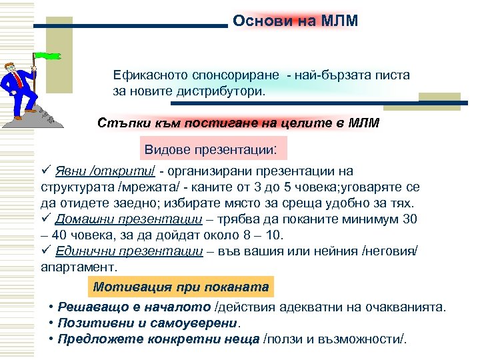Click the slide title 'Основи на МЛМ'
pos(295,21)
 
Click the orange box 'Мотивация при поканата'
pos(181,287)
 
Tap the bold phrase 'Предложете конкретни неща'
pos(159,338)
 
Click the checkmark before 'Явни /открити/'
pos(46,171)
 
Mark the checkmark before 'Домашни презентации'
pos(46,219)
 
